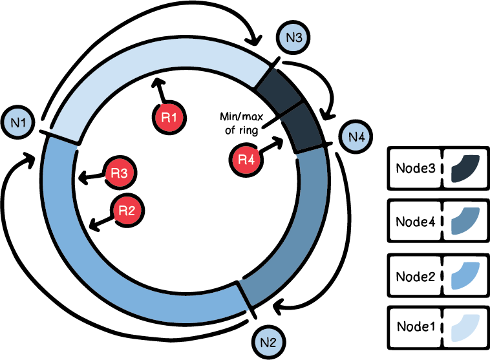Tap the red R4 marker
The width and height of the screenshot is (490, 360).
pos(246,159)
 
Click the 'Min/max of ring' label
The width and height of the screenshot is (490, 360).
pos(237,123)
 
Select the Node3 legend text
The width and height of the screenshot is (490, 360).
pos(414,167)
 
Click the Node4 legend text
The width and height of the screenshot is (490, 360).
pos(414,221)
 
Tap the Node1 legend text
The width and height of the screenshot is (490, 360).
pos(414,328)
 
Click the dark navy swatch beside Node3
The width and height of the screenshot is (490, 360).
pos(465,167)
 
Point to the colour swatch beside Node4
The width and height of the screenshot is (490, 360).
pos(465,221)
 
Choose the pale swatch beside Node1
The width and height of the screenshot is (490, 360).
pos(465,328)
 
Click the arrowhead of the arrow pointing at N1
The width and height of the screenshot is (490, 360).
pos(30,157)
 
